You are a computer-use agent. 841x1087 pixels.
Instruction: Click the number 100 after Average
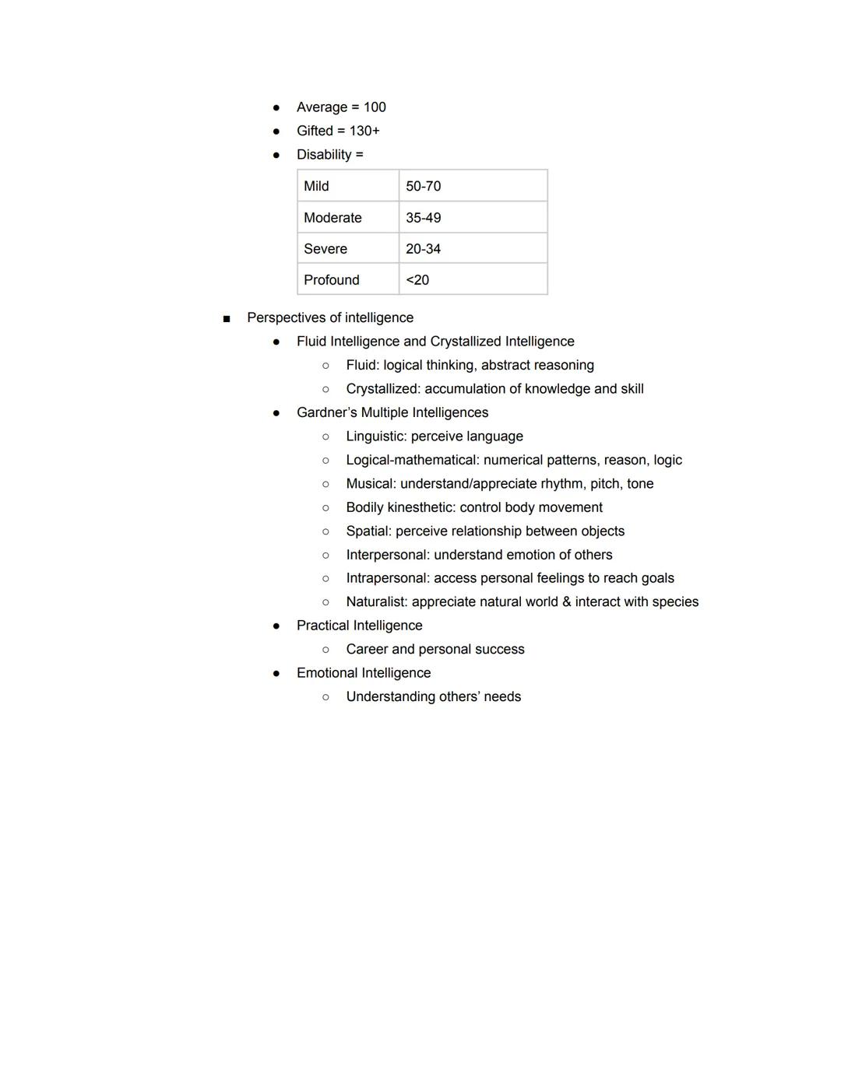click(375, 107)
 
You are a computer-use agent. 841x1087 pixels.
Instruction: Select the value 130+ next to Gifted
click(364, 131)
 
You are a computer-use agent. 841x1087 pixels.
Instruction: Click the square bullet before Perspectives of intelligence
click(227, 318)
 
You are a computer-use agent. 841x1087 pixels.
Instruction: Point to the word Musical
click(371, 484)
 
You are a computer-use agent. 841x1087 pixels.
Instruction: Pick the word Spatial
click(368, 531)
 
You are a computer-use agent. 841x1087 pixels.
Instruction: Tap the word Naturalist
click(376, 602)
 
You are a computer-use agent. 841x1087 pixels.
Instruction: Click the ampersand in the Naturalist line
click(566, 602)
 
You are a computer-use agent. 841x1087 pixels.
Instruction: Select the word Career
click(367, 650)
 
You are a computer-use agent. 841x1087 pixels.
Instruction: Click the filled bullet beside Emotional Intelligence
click(276, 673)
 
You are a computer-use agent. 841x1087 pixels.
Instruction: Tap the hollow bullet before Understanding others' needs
click(325, 697)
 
